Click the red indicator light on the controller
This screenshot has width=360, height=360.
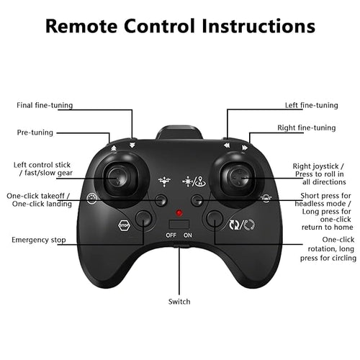pos(179,212)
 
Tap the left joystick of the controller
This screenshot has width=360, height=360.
pos(118,179)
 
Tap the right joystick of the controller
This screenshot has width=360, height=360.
pos(240,179)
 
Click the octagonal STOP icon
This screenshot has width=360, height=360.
pos(125,225)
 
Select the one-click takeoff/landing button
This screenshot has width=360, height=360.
pos(161,200)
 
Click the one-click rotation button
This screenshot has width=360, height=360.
pos(215,219)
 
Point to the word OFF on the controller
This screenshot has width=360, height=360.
pos(171,235)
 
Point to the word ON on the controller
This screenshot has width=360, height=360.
pos(188,235)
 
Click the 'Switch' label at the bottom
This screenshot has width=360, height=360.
pos(179,302)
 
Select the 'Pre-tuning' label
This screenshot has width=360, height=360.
pos(35,132)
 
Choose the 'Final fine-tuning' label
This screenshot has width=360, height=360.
pos(45,105)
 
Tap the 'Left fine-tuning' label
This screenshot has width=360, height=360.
pos(312,105)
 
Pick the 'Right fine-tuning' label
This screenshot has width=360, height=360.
pos(307,127)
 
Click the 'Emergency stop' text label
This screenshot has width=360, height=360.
pos(39,240)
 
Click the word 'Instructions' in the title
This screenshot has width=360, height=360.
pos(258,26)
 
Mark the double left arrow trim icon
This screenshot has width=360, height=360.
pos(227,145)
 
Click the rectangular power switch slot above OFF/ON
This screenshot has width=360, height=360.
pos(179,225)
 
